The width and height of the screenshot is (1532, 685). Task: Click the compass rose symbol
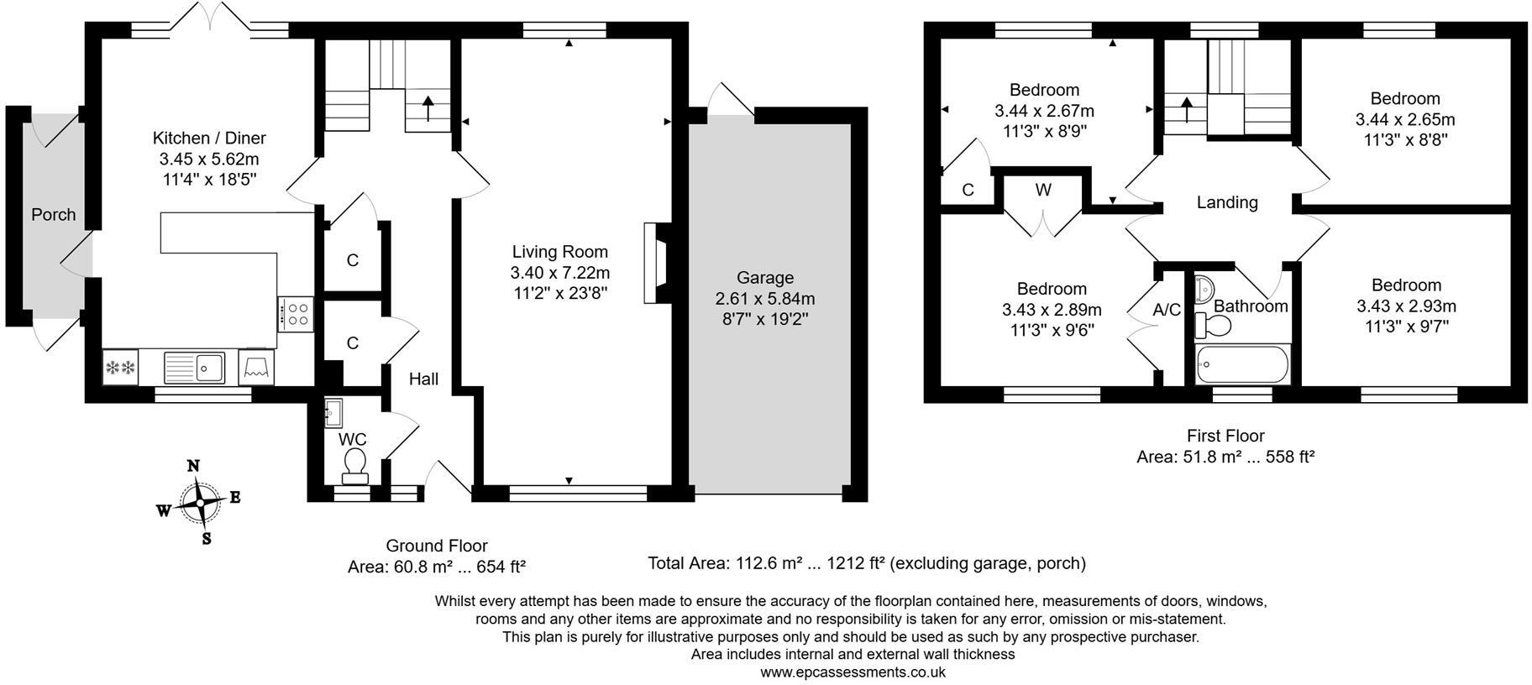199,501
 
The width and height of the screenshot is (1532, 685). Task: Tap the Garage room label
764,278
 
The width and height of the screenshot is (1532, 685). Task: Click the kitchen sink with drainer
194,368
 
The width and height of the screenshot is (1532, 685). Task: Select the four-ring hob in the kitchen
296,315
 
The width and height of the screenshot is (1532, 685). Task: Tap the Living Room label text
560,252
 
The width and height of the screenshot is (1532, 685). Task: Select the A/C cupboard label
1167,310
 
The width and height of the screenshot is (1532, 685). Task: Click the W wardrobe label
1043,191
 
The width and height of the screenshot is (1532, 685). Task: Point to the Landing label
1227,202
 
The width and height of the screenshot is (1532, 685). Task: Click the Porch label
54,215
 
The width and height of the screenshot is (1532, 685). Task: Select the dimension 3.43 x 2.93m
1406,306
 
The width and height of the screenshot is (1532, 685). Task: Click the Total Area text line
866,563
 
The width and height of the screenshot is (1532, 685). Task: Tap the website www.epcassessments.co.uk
853,672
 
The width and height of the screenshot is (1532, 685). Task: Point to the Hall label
423,379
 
